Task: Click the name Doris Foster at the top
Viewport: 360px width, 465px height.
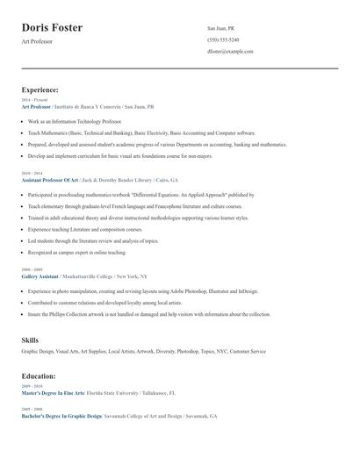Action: (x=52, y=28)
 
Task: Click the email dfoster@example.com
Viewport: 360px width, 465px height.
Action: (x=230, y=52)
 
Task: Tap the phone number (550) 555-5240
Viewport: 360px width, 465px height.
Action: (x=223, y=39)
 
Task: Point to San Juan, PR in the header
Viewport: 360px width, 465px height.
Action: (x=220, y=28)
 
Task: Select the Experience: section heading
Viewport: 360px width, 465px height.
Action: (x=40, y=89)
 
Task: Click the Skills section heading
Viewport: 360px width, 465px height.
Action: (x=30, y=339)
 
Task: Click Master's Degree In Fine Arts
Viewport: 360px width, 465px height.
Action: (x=53, y=392)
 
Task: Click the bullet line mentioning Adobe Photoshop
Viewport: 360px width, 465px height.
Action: (x=142, y=290)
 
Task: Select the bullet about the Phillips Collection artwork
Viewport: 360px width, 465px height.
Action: (x=148, y=313)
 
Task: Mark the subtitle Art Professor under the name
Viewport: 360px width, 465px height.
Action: (x=37, y=42)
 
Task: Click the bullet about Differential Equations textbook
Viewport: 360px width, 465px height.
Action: (x=140, y=195)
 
